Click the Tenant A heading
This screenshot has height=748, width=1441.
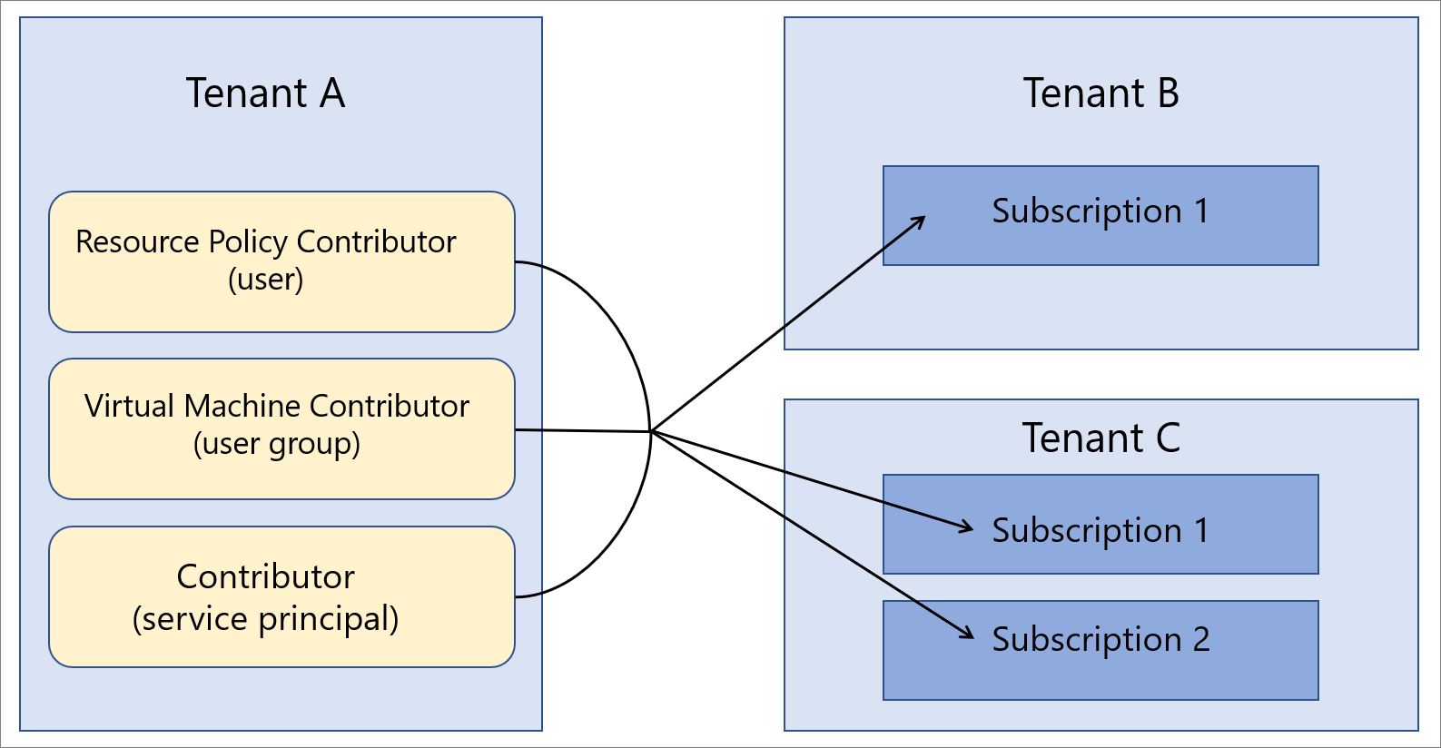click(x=265, y=93)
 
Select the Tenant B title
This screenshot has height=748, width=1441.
click(x=1100, y=93)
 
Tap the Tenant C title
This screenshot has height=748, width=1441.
click(x=1100, y=438)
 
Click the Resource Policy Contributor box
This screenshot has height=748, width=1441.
click(x=281, y=261)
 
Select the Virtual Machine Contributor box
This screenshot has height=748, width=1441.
click(x=281, y=428)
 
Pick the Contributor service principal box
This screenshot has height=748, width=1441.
click(x=281, y=596)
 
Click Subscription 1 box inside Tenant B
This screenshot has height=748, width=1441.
click(x=1100, y=215)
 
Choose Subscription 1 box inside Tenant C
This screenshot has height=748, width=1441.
click(x=1100, y=524)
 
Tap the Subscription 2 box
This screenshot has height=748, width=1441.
click(x=1100, y=650)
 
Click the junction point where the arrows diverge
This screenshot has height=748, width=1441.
click(x=651, y=431)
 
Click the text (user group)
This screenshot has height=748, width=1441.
click(x=277, y=445)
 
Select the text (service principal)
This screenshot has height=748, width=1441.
click(x=265, y=619)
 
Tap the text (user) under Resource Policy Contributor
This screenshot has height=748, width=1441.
click(x=265, y=279)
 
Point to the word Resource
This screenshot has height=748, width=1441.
click(x=138, y=242)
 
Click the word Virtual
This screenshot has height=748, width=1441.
click(x=130, y=406)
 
